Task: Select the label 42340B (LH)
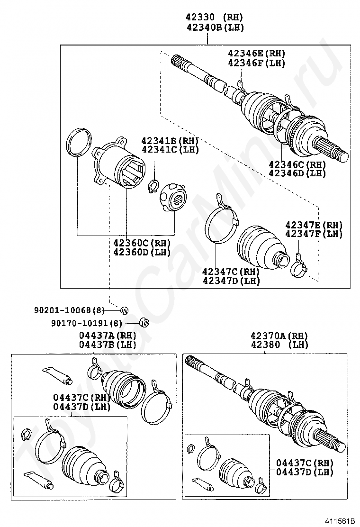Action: pos(215,27)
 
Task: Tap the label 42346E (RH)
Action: pos(257,53)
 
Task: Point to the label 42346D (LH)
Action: pos(297,173)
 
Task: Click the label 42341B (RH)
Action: pos(170,140)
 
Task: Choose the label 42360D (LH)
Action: pos(142,251)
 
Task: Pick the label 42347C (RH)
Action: pos(231,271)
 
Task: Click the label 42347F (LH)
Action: pos(314,234)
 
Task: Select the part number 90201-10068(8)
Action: pos(70,310)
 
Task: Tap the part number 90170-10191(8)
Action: pos(87,323)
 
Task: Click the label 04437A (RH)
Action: pos(108,335)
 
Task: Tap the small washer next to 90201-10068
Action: pos(124,310)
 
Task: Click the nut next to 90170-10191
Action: pos(144,322)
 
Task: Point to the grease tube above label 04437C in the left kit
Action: pos(57,375)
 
